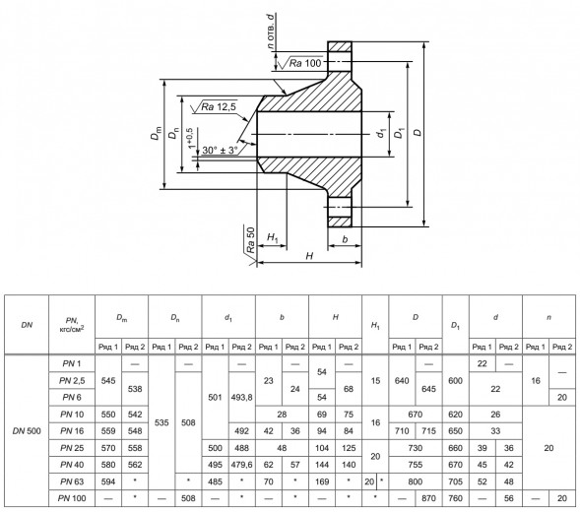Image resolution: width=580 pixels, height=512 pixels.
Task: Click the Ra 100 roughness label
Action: pos(305,63)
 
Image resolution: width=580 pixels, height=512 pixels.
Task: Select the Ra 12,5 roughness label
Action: pos(219,107)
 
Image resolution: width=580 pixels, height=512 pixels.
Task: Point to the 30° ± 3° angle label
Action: pos(220,151)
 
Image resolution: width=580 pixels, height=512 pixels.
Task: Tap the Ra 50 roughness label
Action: pos(251,239)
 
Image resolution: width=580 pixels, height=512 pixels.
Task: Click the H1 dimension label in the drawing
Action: pos(273,238)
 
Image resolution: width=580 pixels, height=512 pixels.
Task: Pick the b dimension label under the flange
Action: pos(345,239)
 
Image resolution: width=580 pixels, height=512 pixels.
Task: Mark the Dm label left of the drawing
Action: pos(157,133)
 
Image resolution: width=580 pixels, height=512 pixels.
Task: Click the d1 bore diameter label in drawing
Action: pos(381,133)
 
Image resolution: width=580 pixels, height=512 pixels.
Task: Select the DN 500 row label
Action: pos(27,431)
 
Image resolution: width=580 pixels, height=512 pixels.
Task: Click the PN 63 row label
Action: pos(72,481)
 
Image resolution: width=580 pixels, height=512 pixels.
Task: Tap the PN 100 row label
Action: pos(72,498)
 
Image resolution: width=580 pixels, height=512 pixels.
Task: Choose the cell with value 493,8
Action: pos(241,398)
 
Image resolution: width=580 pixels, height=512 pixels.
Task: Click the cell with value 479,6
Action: pos(241,465)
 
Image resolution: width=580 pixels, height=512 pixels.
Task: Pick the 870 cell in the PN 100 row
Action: pos(428,498)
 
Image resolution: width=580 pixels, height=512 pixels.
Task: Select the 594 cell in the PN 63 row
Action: pos(108,481)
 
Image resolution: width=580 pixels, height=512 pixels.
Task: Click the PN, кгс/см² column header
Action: pos(72,324)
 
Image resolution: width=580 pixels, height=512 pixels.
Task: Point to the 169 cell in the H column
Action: pos(322,481)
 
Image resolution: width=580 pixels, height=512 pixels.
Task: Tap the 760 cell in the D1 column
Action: pos(455,498)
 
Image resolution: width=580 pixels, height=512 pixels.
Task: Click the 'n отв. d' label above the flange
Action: pos(271,32)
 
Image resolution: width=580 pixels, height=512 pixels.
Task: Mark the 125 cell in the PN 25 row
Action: pos(349,448)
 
